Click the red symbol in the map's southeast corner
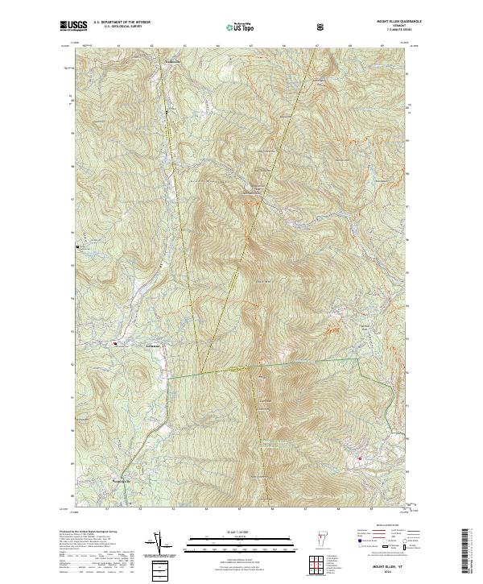coord(358,459)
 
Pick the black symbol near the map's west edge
coord(78,246)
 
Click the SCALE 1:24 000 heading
coord(242,532)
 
